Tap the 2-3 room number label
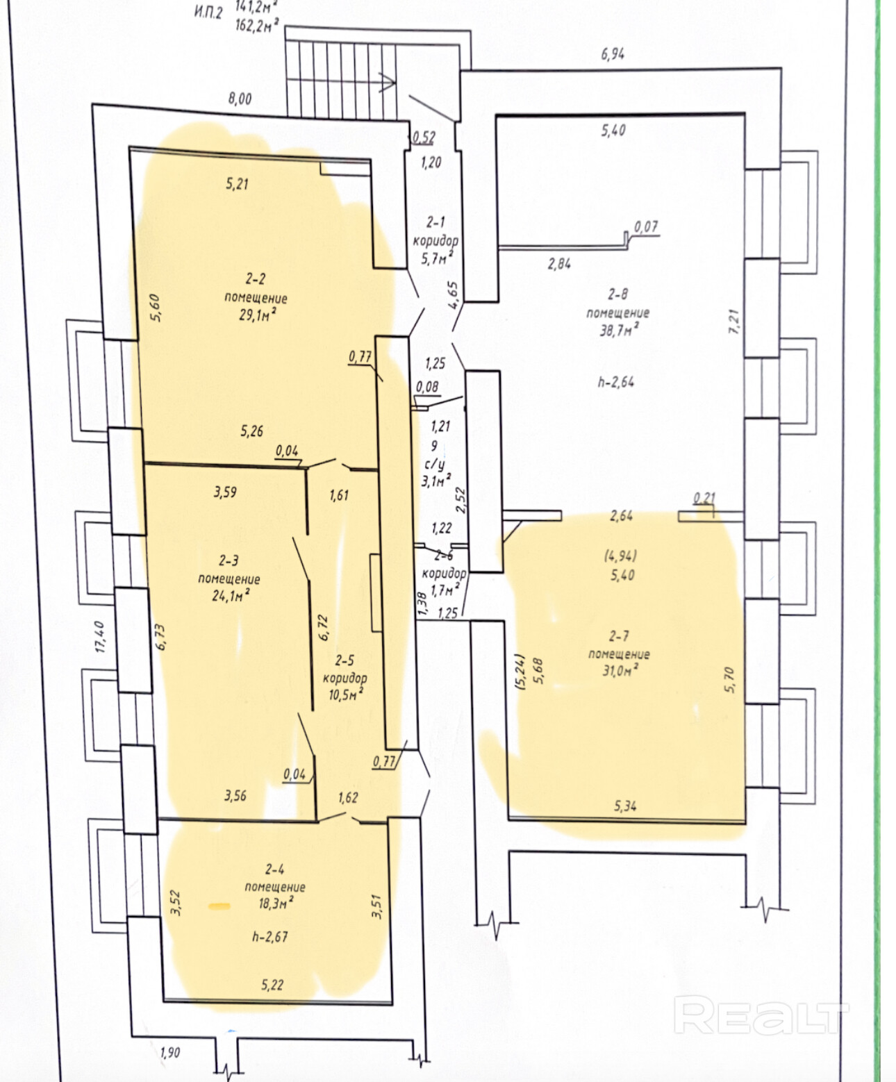click(x=229, y=560)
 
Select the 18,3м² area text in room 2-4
click(x=276, y=904)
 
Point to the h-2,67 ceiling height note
click(x=270, y=936)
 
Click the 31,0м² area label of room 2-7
click(x=620, y=671)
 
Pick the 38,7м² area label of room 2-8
click(x=619, y=330)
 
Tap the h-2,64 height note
click(x=616, y=383)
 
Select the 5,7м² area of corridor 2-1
click(x=438, y=258)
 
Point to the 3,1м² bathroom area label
click(x=436, y=481)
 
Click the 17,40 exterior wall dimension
click(x=101, y=636)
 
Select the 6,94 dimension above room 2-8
click(x=613, y=53)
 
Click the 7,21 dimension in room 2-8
click(x=734, y=322)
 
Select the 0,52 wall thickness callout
click(x=424, y=138)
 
